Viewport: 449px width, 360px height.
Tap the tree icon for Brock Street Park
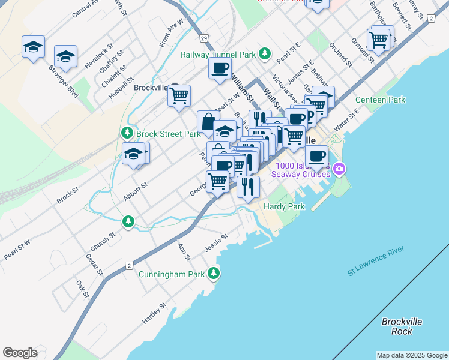127,133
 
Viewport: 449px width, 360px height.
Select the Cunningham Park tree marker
214,274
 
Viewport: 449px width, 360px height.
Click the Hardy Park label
284,206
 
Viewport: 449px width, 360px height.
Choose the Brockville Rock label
402,326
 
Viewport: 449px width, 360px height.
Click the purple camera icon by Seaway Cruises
339,169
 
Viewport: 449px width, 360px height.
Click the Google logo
20,353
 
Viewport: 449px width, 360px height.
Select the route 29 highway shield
205,38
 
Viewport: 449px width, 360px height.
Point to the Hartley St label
154,313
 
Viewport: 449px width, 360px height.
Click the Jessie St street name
217,242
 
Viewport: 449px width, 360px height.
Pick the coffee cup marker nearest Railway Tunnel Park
220,68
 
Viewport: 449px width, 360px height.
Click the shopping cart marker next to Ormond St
379,40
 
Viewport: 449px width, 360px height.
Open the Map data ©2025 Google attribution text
411,355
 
